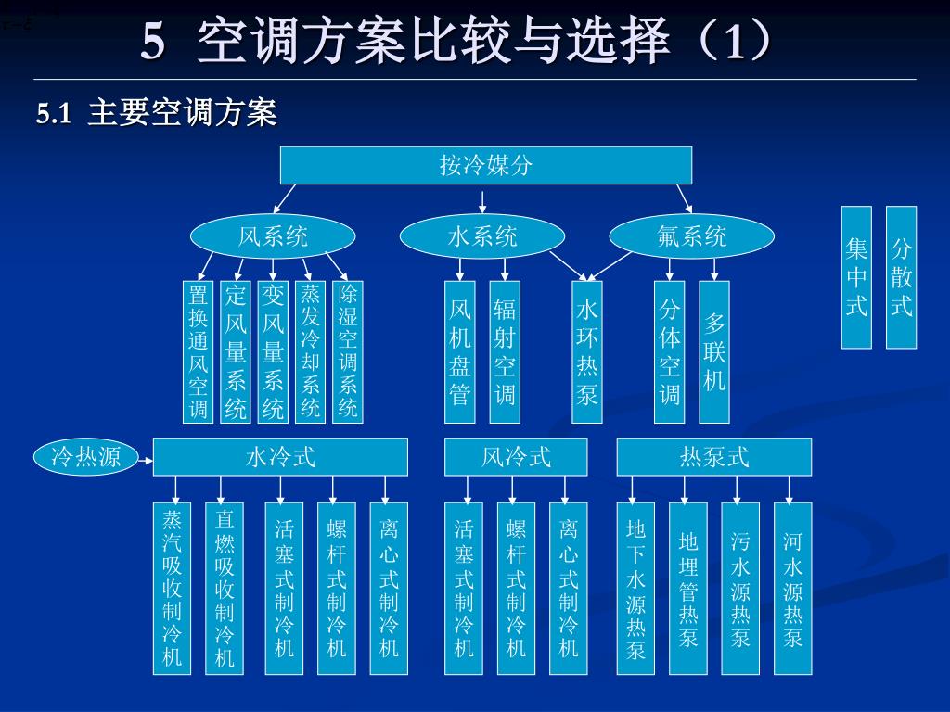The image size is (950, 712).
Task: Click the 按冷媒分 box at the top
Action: [x=486, y=166]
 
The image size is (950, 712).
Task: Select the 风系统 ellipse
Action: [x=273, y=237]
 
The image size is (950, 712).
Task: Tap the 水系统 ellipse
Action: [x=482, y=237]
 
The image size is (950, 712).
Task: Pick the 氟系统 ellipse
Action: [x=691, y=237]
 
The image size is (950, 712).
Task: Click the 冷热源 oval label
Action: [x=85, y=456]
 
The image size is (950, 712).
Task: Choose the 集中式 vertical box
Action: [x=856, y=277]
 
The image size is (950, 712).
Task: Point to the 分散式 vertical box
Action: [x=901, y=277]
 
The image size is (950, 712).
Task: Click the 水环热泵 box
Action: [x=586, y=351]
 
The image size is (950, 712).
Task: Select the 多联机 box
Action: [x=713, y=351]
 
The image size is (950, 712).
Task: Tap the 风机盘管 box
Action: [x=460, y=351]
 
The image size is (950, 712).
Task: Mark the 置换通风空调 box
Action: [x=198, y=351]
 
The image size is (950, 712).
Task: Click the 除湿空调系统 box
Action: [x=348, y=351]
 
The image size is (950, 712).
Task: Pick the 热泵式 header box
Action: [x=713, y=456]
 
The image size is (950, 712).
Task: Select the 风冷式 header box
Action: [x=516, y=456]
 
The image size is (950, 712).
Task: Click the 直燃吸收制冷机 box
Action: [x=225, y=588]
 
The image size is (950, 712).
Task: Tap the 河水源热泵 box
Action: [x=792, y=588]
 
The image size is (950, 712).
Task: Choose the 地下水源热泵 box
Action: [x=635, y=588]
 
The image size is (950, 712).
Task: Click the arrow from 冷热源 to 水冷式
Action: [x=145, y=456]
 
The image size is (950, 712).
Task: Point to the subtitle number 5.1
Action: [x=54, y=114]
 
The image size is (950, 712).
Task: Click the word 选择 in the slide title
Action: [x=628, y=41]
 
